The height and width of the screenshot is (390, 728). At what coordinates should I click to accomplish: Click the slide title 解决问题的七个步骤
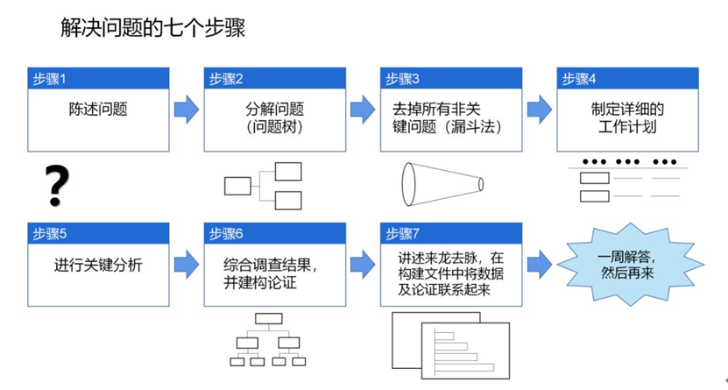(x=152, y=28)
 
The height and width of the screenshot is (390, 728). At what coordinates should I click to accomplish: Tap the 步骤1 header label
(x=49, y=79)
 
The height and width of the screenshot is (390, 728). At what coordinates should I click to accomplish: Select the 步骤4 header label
(x=579, y=79)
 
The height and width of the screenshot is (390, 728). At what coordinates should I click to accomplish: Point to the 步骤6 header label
(x=226, y=233)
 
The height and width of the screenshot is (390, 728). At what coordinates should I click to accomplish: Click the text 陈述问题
(x=98, y=110)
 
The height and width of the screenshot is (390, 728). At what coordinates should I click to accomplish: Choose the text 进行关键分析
(x=98, y=265)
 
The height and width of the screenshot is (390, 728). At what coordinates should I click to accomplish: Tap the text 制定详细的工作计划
(x=627, y=118)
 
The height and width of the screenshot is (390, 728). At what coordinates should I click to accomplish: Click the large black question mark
(x=57, y=186)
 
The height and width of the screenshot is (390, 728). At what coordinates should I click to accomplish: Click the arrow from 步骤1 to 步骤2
(x=187, y=110)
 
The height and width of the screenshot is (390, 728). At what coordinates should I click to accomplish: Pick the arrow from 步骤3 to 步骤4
(x=540, y=110)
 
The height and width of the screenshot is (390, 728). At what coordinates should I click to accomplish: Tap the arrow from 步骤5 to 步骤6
(x=187, y=265)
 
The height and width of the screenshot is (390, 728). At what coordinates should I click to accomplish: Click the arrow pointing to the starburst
(x=540, y=265)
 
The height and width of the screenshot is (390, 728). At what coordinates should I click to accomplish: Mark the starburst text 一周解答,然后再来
(x=627, y=265)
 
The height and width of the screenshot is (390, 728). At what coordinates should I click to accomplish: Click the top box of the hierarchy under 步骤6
(x=269, y=318)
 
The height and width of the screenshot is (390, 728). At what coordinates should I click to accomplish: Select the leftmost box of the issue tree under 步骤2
(x=237, y=186)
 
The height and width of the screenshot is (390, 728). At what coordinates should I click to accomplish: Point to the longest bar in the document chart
(x=463, y=368)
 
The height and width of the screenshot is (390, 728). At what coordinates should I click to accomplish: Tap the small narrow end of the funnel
(x=481, y=184)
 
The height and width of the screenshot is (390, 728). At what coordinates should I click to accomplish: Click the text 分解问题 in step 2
(x=274, y=110)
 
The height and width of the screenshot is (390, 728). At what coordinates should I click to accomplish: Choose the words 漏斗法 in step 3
(x=473, y=127)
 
